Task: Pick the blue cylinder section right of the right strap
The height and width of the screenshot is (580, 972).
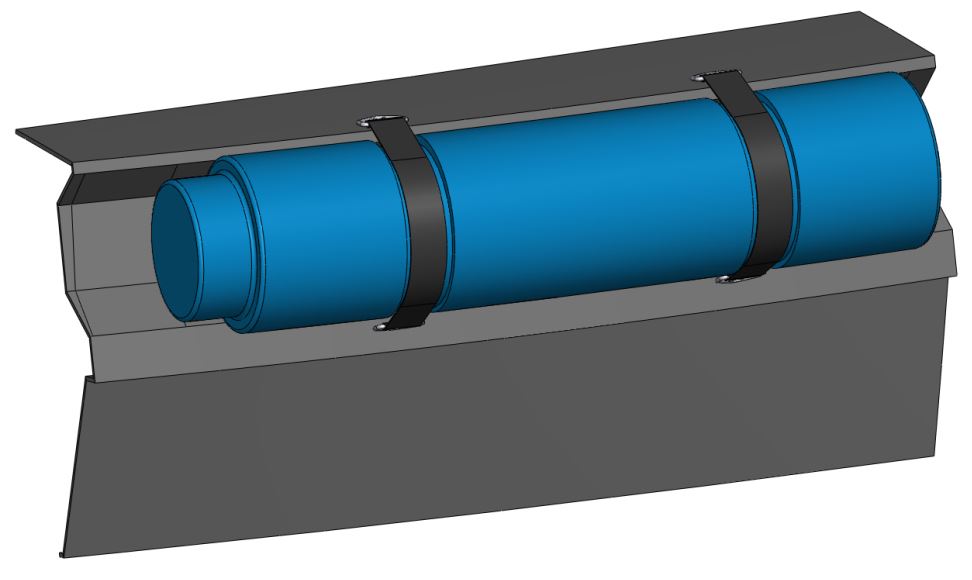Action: point(850,170)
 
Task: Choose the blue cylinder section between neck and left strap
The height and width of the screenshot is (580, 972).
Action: point(310,240)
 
